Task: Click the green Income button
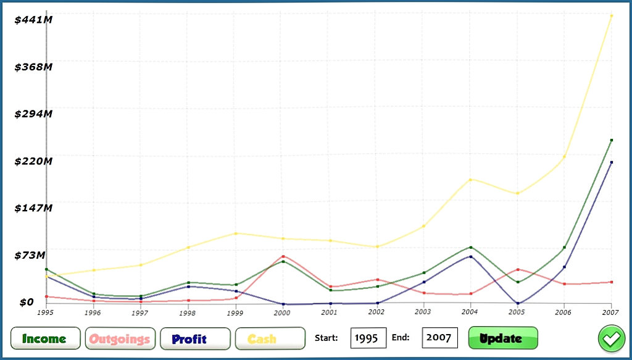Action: point(45,338)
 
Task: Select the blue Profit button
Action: point(195,338)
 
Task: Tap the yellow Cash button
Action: point(270,338)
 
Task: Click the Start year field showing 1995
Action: point(368,338)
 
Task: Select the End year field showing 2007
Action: point(439,338)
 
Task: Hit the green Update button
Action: point(503,338)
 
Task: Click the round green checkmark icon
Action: point(612,338)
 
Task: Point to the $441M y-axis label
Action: point(33,20)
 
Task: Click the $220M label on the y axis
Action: point(33,161)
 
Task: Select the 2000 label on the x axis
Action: point(282,312)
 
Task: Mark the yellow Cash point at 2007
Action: point(612,16)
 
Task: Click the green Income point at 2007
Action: point(612,140)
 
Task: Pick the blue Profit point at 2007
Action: point(612,162)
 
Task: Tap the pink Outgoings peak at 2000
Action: point(283,256)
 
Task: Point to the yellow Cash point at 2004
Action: point(470,180)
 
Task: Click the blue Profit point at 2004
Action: point(470,256)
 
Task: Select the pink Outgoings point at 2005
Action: point(518,269)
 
